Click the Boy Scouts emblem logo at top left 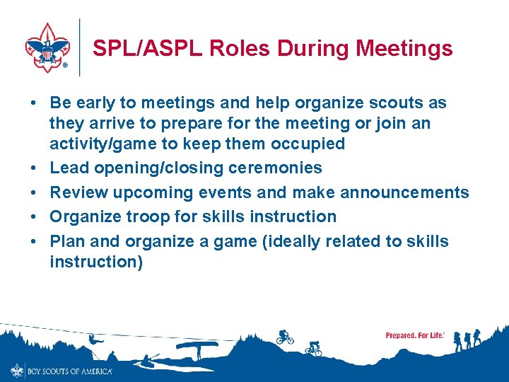coord(48,47)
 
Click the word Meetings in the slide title coord(404,48)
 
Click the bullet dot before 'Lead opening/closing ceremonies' coord(34,168)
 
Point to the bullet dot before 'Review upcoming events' coord(34,192)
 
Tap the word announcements coord(404,192)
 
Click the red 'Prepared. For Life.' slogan coord(415,335)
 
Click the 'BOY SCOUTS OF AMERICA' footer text coord(69,371)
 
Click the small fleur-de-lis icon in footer coord(17,370)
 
